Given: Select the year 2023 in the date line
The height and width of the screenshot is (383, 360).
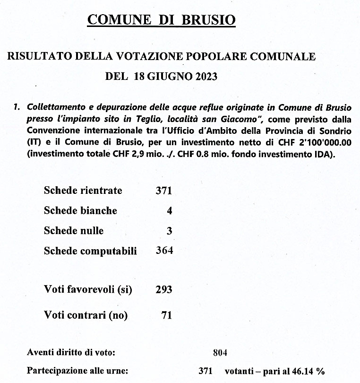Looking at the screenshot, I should (x=205, y=76).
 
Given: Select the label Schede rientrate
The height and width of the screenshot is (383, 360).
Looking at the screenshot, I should (x=83, y=191).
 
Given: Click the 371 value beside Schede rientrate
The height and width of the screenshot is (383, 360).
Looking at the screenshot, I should (x=163, y=191).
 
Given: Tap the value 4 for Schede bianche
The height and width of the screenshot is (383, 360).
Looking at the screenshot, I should (x=169, y=211).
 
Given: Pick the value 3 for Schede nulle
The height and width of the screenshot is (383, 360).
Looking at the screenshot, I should (x=169, y=231).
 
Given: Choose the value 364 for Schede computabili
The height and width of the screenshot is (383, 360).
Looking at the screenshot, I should (x=164, y=251).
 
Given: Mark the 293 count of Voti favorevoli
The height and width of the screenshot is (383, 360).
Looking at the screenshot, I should (x=163, y=289).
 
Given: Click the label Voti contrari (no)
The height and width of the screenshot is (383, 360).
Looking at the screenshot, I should (x=86, y=315).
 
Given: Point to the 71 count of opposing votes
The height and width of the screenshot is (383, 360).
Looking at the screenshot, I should (x=166, y=315).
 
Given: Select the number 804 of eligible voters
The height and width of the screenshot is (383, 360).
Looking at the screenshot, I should (x=220, y=352).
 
